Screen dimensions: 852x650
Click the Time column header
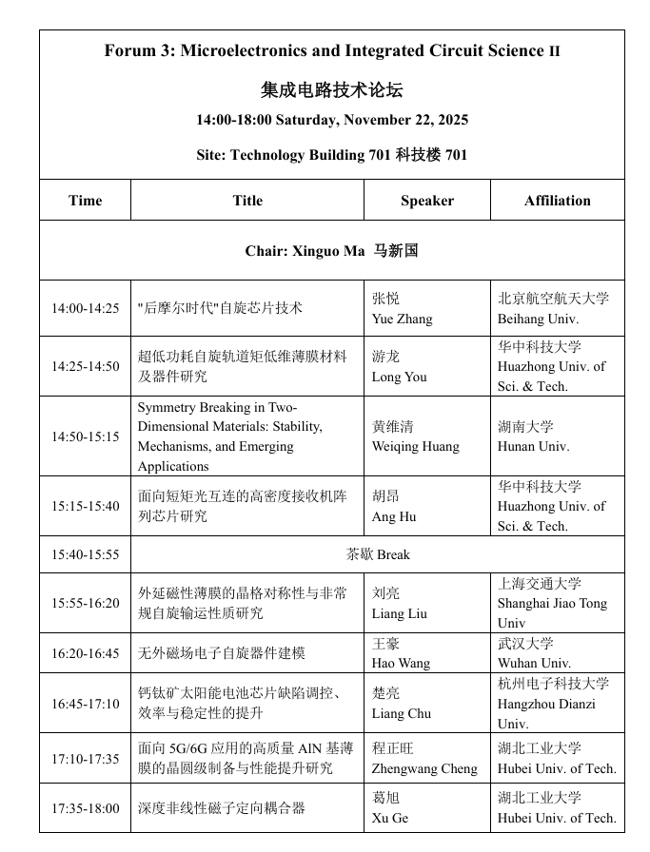pos(85,201)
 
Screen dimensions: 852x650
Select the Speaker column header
pos(426,201)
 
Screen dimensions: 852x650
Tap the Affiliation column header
pos(557,201)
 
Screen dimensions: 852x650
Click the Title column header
pos(247,201)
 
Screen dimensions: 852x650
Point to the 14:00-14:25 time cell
pos(85,308)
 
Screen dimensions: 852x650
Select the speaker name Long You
pos(399,377)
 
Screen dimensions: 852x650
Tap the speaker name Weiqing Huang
pos(415,446)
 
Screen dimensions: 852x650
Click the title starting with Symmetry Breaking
pos(230,436)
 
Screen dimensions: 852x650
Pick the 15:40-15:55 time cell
pos(85,554)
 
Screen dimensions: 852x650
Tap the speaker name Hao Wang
pos(401,663)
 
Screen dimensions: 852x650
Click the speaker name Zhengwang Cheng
pos(424,768)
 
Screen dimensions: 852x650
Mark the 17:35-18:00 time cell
pos(85,808)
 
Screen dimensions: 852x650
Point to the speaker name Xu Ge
pos(389,818)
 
